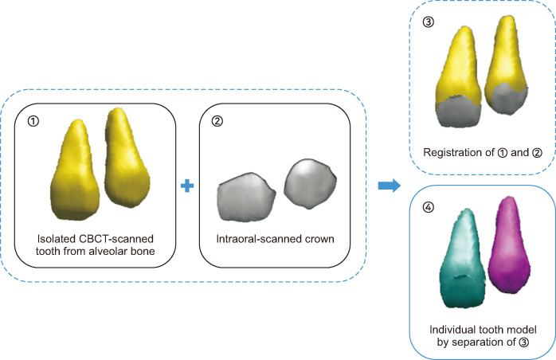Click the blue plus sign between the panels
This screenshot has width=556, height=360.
tap(188, 186)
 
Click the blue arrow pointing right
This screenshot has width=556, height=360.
tap(388, 186)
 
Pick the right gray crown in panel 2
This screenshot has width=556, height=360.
tap(307, 185)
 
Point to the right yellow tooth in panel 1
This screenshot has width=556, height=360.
tap(126, 163)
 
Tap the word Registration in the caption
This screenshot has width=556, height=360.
tap(449, 151)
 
